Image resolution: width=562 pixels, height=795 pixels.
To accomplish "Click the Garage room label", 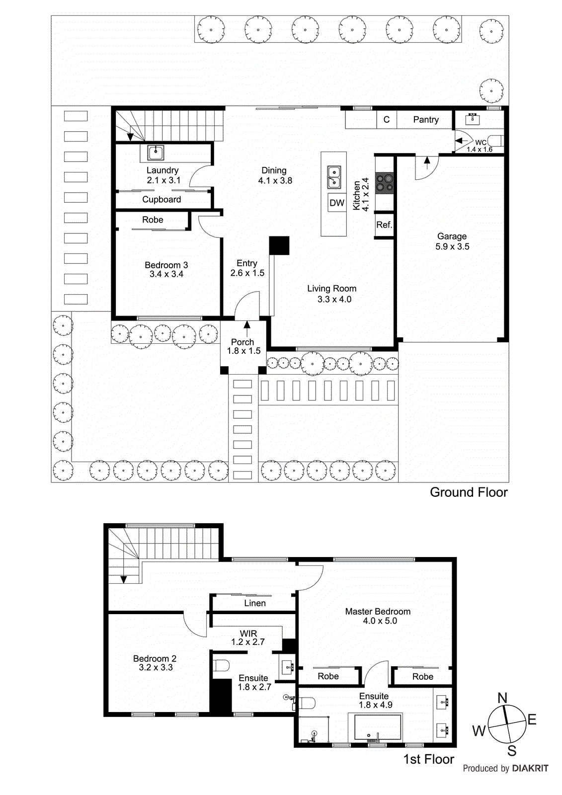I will click(452, 237).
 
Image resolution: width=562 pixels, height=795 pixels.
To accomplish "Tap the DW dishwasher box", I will click(337, 203).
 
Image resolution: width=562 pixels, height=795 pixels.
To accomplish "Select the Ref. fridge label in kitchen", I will click(384, 225).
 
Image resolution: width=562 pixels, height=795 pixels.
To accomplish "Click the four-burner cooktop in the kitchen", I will click(385, 182).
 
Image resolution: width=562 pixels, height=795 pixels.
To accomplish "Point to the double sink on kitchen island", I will click(334, 177).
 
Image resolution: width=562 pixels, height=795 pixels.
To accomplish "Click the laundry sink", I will click(156, 153).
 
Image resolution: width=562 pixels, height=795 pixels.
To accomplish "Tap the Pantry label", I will click(426, 120).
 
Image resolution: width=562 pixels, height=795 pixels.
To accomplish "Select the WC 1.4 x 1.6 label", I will click(480, 146).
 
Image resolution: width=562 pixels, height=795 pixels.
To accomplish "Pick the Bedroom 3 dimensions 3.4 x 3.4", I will click(166, 274).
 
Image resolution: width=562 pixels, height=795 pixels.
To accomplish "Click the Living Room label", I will click(331, 289).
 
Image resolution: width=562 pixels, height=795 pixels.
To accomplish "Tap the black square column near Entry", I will click(279, 245).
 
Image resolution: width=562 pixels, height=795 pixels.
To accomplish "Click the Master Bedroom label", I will click(378, 612).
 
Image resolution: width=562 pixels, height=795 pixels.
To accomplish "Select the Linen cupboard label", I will click(255, 603).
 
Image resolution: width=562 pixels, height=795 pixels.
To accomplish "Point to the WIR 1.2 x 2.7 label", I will click(248, 637).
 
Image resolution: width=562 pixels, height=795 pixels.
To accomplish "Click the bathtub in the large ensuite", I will click(377, 727).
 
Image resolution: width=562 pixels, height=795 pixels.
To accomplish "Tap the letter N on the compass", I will click(502, 698).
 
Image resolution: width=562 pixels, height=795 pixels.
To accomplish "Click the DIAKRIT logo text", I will click(530, 768).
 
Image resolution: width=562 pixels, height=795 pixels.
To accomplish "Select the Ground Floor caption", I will click(469, 492).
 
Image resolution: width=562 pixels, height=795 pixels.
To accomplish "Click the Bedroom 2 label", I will click(155, 658).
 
